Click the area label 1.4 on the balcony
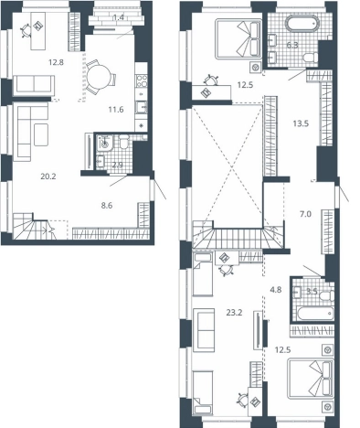point(118,17)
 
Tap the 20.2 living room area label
point(48,177)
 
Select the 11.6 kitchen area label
point(116,109)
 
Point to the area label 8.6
point(107,206)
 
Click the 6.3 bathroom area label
point(292,46)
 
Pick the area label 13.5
point(301,123)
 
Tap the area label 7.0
point(305,214)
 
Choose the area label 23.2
point(234,312)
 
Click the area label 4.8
point(276,290)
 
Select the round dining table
point(99,77)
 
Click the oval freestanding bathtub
point(302,24)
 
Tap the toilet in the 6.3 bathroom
point(311,58)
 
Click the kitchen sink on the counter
point(142,107)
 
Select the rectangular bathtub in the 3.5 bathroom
point(315,314)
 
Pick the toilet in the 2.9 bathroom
point(124,142)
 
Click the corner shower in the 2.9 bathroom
point(104,143)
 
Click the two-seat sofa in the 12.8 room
point(34,85)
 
